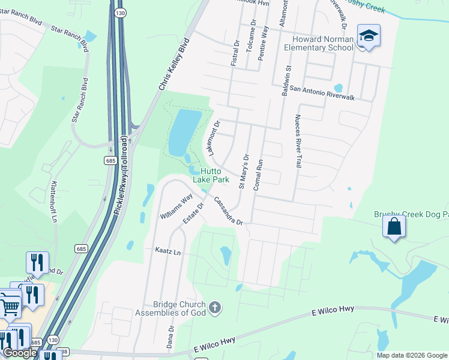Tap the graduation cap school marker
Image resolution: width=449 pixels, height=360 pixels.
[368, 36]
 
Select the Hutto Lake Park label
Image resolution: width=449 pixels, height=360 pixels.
[211, 175]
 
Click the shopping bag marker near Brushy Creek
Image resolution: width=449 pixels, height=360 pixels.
[394, 227]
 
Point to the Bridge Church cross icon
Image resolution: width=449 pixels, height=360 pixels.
[215, 308]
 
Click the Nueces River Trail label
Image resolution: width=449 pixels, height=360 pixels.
[297, 142]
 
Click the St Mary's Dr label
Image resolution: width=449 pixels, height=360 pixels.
[244, 172]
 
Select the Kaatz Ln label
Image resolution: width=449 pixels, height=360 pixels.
[167, 252]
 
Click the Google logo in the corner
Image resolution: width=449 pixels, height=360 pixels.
[19, 353]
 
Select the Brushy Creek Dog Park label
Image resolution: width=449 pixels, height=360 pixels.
[411, 214]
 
